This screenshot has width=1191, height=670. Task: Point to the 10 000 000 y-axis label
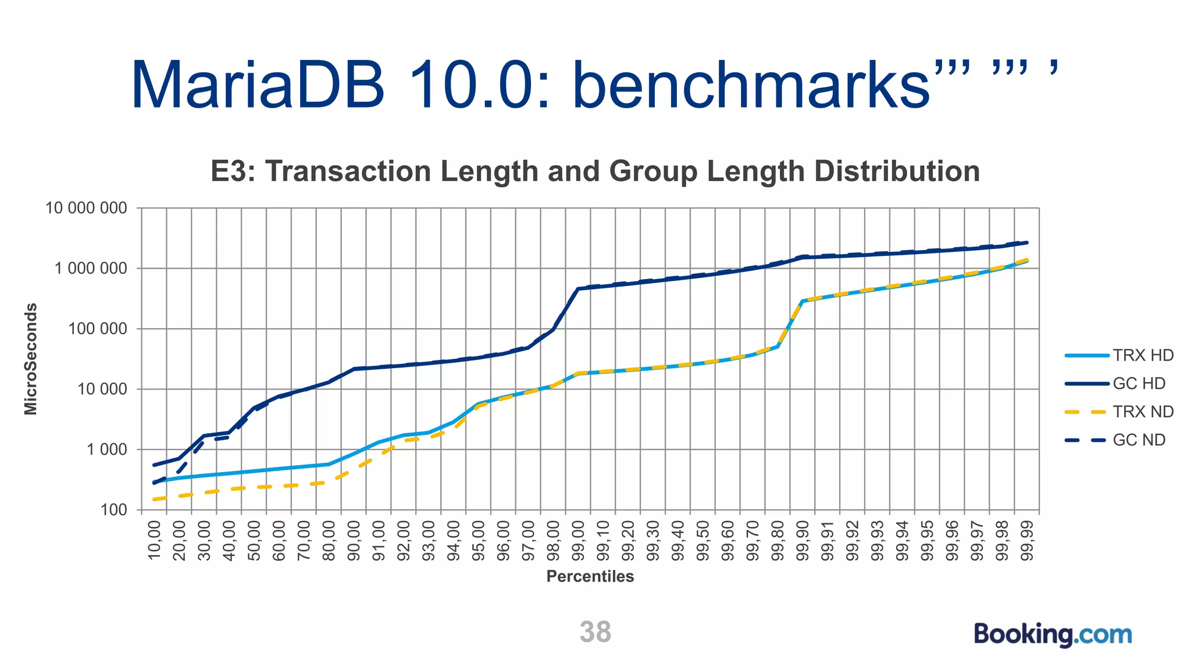(86, 208)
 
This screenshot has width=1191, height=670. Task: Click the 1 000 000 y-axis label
(91, 269)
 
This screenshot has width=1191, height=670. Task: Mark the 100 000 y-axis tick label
(97, 329)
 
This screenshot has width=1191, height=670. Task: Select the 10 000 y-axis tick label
(102, 389)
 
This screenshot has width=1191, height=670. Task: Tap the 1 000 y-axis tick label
(107, 450)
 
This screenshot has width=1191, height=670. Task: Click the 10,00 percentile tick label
(154, 541)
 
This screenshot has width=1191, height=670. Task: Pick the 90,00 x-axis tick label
(354, 541)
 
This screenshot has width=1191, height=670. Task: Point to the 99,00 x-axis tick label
(578, 541)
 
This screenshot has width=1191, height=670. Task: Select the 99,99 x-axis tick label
(1027, 541)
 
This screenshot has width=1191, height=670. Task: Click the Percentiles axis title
(590, 576)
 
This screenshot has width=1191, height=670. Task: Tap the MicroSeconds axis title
(31, 359)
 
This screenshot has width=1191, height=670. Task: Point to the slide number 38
(595, 632)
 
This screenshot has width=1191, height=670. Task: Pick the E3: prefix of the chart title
(233, 172)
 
